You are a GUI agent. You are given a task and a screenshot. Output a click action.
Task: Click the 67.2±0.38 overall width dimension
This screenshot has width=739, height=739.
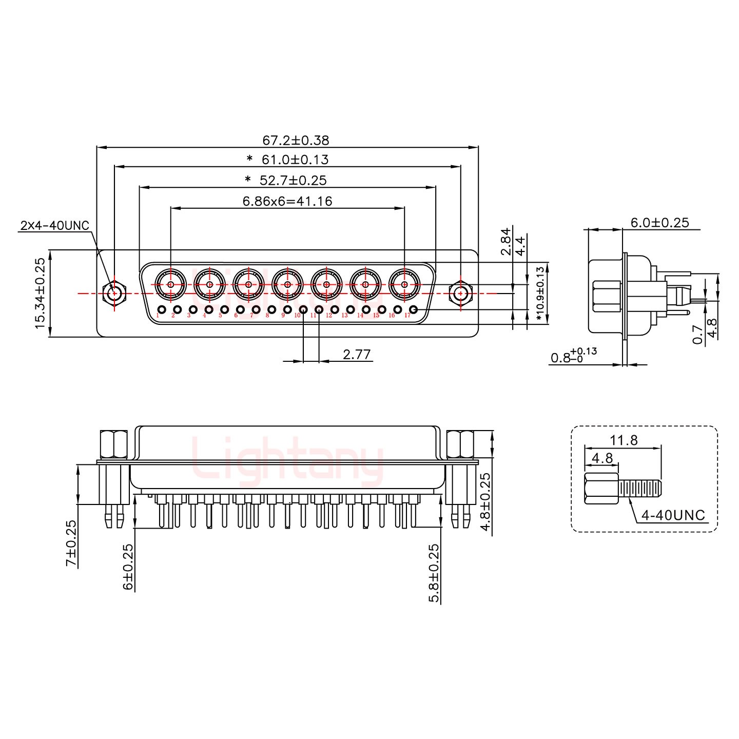[295, 140]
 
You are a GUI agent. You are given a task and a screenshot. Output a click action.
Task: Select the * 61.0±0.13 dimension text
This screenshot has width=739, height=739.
[287, 160]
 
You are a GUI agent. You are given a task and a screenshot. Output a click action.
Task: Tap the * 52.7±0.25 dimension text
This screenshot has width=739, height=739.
[285, 180]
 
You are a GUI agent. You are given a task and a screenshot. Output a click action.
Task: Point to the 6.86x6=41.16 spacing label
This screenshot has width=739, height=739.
[287, 201]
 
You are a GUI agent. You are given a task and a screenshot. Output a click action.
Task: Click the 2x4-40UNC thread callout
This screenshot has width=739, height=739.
[54, 225]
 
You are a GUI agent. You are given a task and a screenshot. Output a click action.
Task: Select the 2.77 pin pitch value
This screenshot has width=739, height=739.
[357, 354]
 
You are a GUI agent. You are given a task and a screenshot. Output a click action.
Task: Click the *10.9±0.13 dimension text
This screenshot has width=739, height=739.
[539, 293]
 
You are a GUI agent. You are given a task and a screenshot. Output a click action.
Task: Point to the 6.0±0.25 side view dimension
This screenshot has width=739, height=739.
[659, 223]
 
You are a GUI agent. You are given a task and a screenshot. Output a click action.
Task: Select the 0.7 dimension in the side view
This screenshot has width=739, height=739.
[697, 335]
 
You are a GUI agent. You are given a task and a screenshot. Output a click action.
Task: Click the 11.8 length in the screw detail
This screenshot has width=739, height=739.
[624, 440]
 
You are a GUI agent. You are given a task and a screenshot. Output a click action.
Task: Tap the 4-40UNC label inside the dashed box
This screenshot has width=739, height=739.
[673, 515]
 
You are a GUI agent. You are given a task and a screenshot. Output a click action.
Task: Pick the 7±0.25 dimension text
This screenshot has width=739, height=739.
[71, 543]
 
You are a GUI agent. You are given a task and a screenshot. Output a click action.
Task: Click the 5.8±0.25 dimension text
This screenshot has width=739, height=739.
[434, 573]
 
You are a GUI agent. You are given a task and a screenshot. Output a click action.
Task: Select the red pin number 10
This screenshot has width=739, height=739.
[297, 316]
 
